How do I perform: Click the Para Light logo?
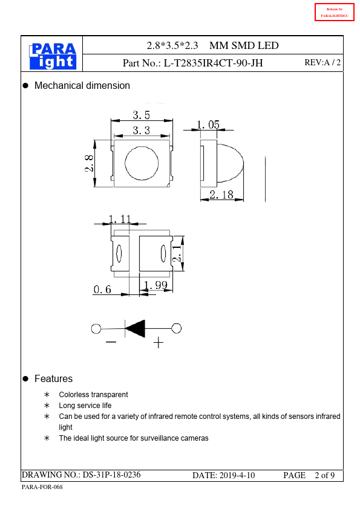(x=53, y=56)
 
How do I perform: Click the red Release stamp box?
(x=335, y=12)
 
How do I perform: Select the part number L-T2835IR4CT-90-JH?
(x=213, y=63)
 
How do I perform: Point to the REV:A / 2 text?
(x=322, y=62)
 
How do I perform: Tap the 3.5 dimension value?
(x=142, y=115)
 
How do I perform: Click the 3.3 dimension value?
(x=142, y=131)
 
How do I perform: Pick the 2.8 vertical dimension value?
(x=90, y=163)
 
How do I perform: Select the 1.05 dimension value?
(x=208, y=125)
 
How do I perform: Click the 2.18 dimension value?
(x=221, y=195)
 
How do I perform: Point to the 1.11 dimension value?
(x=120, y=219)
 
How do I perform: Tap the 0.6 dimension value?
(x=102, y=289)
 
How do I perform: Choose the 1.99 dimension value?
(x=155, y=285)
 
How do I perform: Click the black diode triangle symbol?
(x=135, y=328)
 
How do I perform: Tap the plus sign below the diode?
(x=159, y=343)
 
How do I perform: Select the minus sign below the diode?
(x=111, y=342)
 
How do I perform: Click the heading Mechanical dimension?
(x=82, y=86)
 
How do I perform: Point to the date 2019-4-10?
(x=237, y=476)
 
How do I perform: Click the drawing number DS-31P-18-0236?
(x=111, y=475)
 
